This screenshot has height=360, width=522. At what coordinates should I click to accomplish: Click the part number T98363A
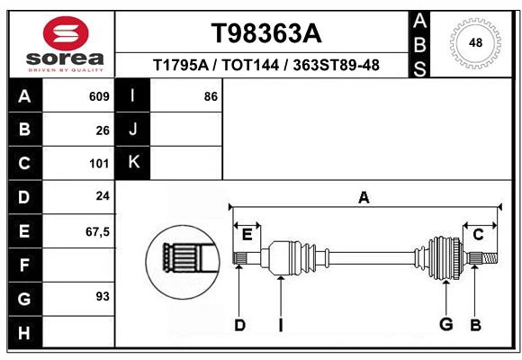click(265, 33)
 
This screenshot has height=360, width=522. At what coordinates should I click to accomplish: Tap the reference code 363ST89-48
click(336, 66)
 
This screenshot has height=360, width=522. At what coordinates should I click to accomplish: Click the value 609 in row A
click(99, 96)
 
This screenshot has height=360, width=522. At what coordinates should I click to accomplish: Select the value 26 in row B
click(103, 130)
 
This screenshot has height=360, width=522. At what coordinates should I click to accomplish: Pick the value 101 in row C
click(99, 164)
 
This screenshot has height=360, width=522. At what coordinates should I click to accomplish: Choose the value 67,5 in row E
click(97, 231)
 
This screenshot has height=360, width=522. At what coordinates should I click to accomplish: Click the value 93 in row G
click(103, 296)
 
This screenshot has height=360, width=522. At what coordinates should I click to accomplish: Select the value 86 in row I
click(211, 96)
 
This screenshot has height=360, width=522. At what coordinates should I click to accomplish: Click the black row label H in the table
click(24, 333)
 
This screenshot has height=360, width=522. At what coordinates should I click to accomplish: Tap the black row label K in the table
click(133, 163)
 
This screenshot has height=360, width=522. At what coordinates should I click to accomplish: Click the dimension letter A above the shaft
click(364, 198)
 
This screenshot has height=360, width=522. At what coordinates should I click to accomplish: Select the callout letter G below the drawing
click(445, 324)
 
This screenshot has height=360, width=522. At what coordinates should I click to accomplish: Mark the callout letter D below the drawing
click(239, 324)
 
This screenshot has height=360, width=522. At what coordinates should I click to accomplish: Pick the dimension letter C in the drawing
click(478, 235)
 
